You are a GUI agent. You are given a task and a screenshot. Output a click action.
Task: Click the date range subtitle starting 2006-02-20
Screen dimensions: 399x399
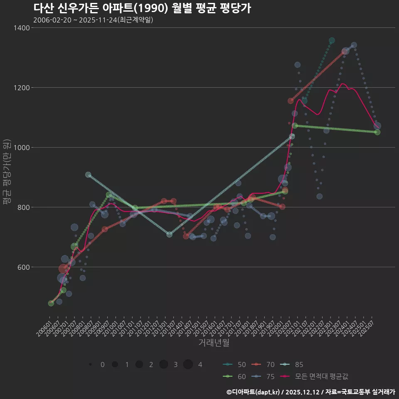coord(93,20)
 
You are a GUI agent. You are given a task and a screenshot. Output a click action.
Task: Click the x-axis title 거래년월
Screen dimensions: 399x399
coord(214,343)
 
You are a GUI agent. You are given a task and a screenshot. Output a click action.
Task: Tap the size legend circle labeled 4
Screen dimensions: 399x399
coord(188,365)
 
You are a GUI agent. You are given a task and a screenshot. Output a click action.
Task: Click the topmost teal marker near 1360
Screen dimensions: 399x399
coord(332,41)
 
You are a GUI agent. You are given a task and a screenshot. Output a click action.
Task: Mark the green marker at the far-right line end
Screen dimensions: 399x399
coord(377,132)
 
